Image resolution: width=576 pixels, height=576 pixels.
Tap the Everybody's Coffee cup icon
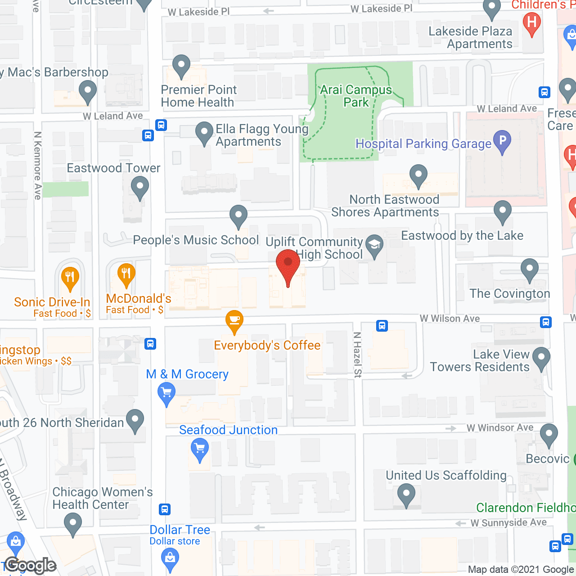point(234,320)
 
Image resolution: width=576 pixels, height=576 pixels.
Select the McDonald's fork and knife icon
point(126,273)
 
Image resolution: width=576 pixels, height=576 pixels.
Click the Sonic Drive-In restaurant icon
point(70,276)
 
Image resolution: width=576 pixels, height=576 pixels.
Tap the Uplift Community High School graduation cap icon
point(374,245)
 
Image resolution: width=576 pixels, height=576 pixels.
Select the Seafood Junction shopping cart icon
point(200,449)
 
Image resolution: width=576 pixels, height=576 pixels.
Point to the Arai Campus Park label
point(356,96)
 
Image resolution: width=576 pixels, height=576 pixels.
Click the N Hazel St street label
point(357,355)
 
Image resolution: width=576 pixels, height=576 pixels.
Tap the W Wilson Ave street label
point(450,319)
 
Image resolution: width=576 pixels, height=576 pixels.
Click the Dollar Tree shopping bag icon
point(170,558)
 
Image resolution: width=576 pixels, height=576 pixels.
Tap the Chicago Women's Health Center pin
point(73,523)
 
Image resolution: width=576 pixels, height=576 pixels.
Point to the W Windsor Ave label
point(500,427)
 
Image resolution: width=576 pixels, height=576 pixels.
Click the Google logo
point(31,565)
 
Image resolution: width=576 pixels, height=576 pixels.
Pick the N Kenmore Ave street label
point(38,166)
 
